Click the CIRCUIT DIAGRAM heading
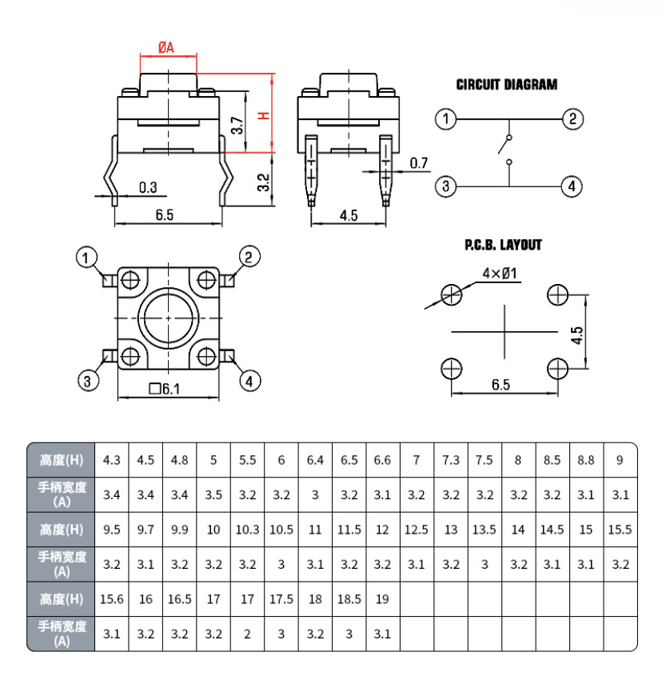click(x=506, y=84)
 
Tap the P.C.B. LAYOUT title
click(x=503, y=245)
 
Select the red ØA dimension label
click(x=166, y=48)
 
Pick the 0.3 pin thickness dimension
click(x=148, y=187)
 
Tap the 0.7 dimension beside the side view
click(x=419, y=164)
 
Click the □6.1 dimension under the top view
click(x=165, y=390)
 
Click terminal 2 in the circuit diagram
click(x=572, y=120)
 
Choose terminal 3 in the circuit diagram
click(x=445, y=186)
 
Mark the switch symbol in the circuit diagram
click(x=506, y=148)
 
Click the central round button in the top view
click(x=168, y=318)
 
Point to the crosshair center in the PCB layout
click(x=505, y=331)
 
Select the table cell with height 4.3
click(x=112, y=460)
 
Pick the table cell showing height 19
click(x=382, y=599)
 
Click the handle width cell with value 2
click(x=248, y=634)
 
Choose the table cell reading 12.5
click(x=416, y=530)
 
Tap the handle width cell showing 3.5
click(x=213, y=495)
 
